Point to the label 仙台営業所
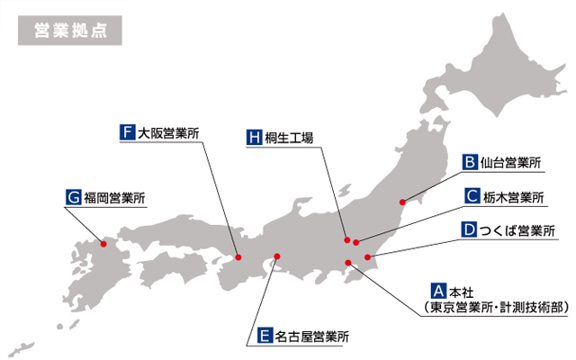point(511,163)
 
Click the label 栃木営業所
point(512,196)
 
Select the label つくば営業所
point(517,230)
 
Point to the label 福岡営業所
point(114,195)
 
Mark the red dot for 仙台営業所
point(403,202)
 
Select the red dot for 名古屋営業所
point(277,257)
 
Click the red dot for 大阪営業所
point(238,255)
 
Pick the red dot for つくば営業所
point(367,258)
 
